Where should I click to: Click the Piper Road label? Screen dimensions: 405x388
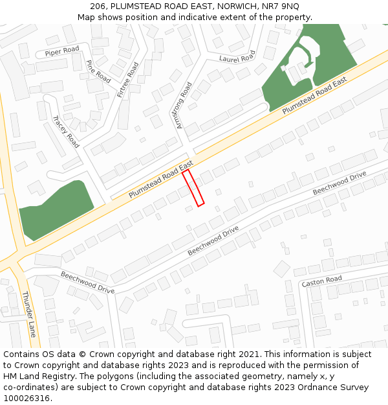coord(62,50)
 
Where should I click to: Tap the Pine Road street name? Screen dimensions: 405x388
coord(98,71)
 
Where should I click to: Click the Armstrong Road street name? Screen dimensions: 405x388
coord(184,105)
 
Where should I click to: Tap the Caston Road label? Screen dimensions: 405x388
coord(321,281)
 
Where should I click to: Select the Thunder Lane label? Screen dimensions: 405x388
coord(29,314)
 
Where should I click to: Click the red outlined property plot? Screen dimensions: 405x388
coord(193,188)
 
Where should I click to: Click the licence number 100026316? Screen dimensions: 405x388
coord(26,398)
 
